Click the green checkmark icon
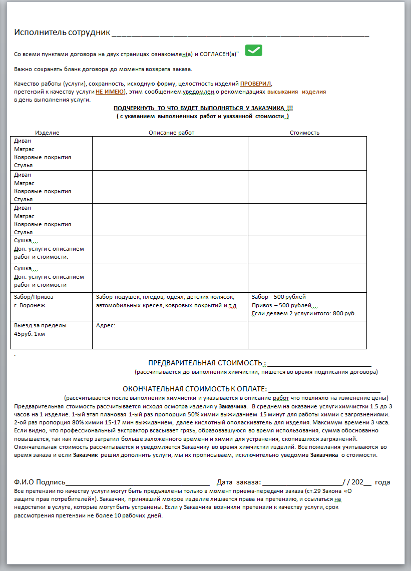(254, 50)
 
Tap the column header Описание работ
(171, 133)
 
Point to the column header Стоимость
(304, 133)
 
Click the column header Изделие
(47, 133)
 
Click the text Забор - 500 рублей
(278, 297)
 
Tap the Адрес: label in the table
(105, 325)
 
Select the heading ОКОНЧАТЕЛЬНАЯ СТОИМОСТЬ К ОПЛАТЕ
(195, 389)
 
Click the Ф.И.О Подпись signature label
(40, 482)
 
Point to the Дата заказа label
(238, 482)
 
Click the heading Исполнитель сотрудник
(62, 33)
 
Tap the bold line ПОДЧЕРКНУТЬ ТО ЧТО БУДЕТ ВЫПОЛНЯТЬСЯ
(202, 108)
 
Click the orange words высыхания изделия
(296, 92)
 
